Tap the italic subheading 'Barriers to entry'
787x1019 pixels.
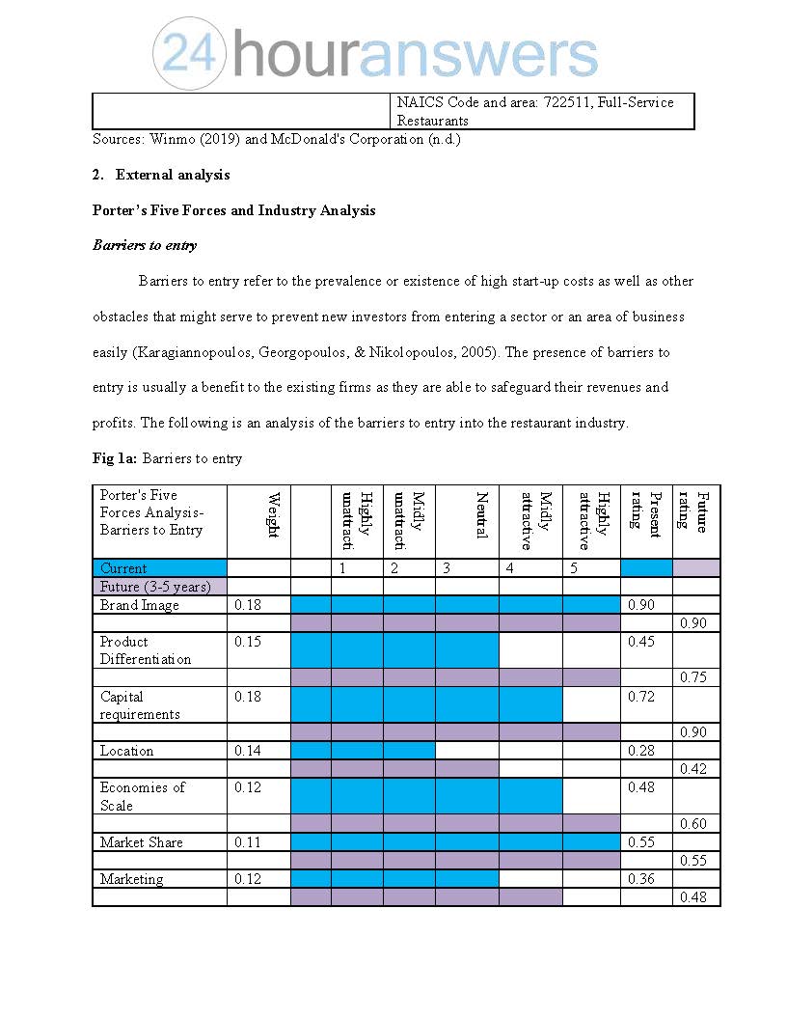145,245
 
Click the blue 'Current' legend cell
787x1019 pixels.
159,568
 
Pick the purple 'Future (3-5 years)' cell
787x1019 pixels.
159,587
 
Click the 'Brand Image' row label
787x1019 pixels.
140,605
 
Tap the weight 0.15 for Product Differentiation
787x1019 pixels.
248,642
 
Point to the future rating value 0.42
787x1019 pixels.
692,769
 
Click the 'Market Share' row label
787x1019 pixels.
142,842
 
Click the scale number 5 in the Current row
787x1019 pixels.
574,568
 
